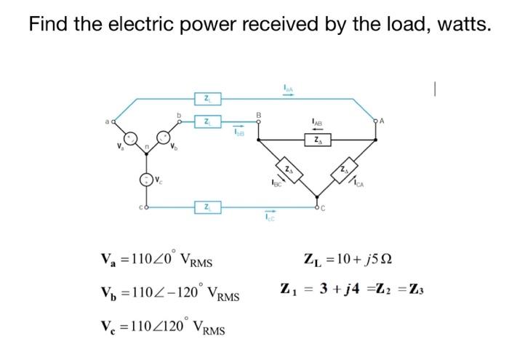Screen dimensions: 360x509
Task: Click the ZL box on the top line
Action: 207,97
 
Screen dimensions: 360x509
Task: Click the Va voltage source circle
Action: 130,137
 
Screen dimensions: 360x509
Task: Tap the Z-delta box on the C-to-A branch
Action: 343,169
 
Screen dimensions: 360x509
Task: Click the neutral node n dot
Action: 146,153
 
